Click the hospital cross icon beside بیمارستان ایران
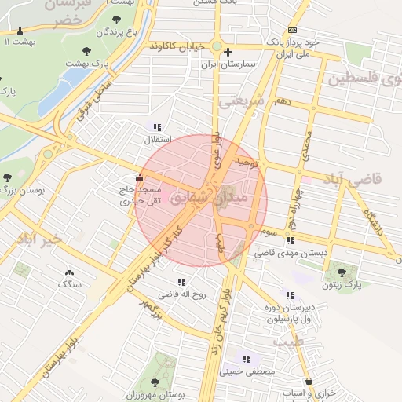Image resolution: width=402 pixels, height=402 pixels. (228, 53)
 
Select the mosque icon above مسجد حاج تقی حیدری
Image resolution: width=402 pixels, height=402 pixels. (141, 177)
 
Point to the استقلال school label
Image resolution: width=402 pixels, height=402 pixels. (151, 140)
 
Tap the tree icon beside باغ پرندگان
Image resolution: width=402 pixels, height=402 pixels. (117, 20)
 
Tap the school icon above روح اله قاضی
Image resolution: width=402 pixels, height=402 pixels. (181, 282)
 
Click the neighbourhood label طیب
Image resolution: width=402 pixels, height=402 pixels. (287, 342)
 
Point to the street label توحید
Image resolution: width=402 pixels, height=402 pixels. (245, 163)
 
